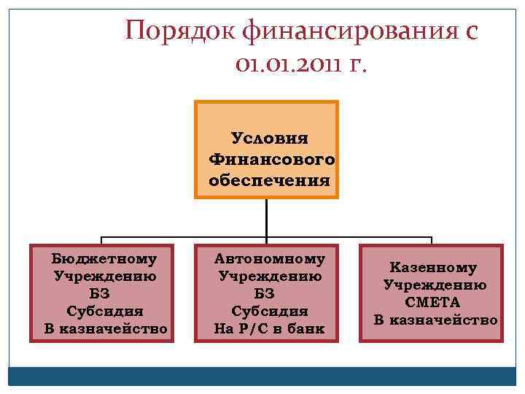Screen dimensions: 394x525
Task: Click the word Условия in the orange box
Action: point(269,138)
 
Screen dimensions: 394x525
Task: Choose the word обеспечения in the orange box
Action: point(269,179)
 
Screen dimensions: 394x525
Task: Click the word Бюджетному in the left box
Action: point(105,258)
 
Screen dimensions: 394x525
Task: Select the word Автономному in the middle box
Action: point(270,258)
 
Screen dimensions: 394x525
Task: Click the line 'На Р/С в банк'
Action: point(270,328)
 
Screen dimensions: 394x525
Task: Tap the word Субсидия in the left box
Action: point(105,311)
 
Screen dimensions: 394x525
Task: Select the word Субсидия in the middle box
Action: point(270,311)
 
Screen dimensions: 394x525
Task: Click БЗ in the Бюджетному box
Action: point(105,293)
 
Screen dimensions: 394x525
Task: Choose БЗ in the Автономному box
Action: point(270,293)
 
